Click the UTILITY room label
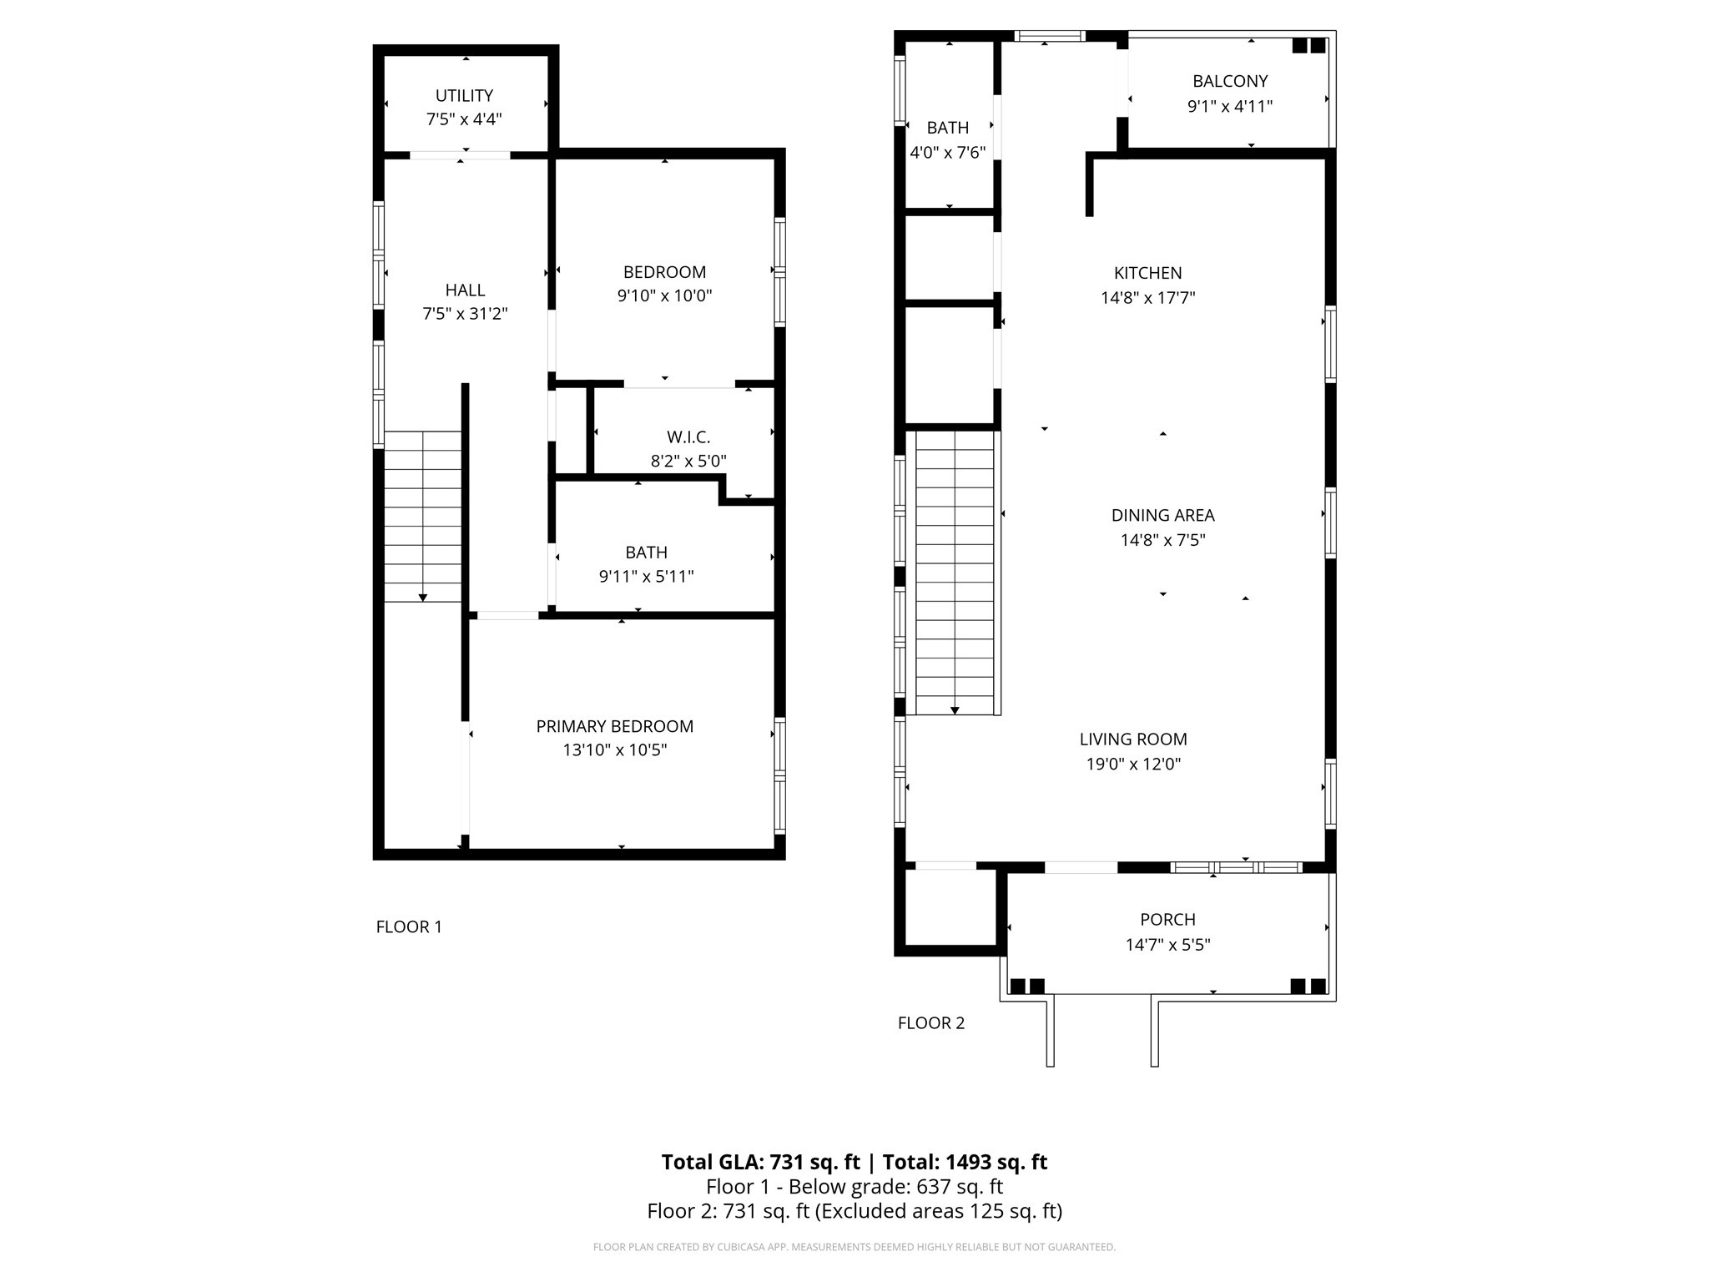(464, 96)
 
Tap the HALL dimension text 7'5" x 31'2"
(465, 314)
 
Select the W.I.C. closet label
(688, 437)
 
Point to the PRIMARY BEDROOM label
(615, 727)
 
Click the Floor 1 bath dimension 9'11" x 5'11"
(646, 577)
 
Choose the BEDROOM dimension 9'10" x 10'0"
(664, 295)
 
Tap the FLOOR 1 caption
(409, 927)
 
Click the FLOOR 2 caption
(931, 1023)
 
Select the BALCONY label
(1230, 82)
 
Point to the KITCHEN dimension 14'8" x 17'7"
(1147, 298)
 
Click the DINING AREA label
(1162, 516)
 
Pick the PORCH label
(1167, 920)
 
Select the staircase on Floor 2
(955, 576)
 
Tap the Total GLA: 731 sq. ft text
(760, 1162)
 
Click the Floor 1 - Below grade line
(854, 1187)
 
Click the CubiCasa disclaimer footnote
(854, 1247)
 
